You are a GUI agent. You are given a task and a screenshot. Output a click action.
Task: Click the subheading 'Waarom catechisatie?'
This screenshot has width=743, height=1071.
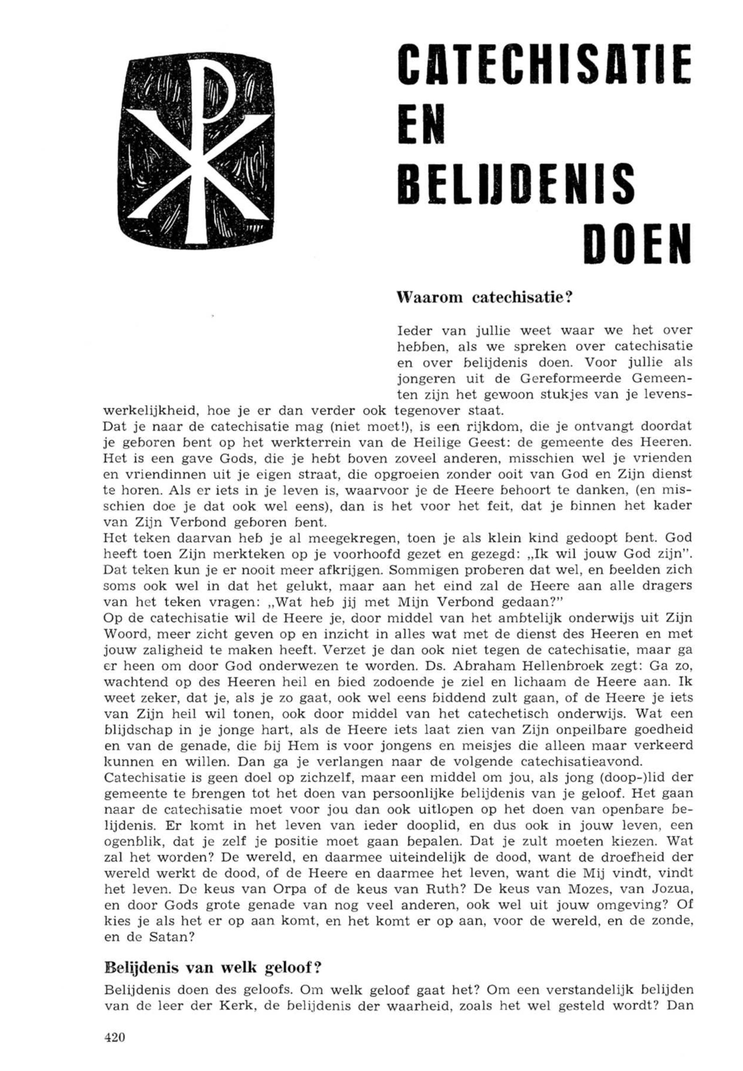pyautogui.click(x=484, y=298)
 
